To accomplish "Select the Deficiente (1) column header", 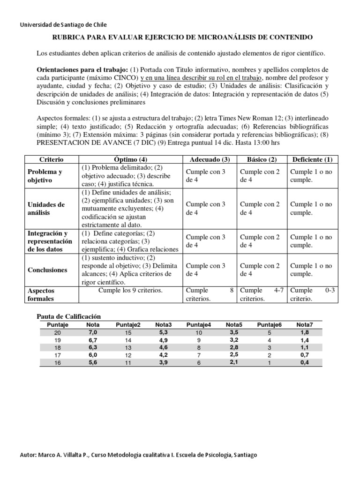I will pos(313,159).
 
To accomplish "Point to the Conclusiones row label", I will pos(47,270).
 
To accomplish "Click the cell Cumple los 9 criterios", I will pos(130,291).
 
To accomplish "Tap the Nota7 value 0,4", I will pos(305,362).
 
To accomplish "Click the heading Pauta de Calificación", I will pos(69,317).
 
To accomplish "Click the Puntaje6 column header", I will pos(269,324).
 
